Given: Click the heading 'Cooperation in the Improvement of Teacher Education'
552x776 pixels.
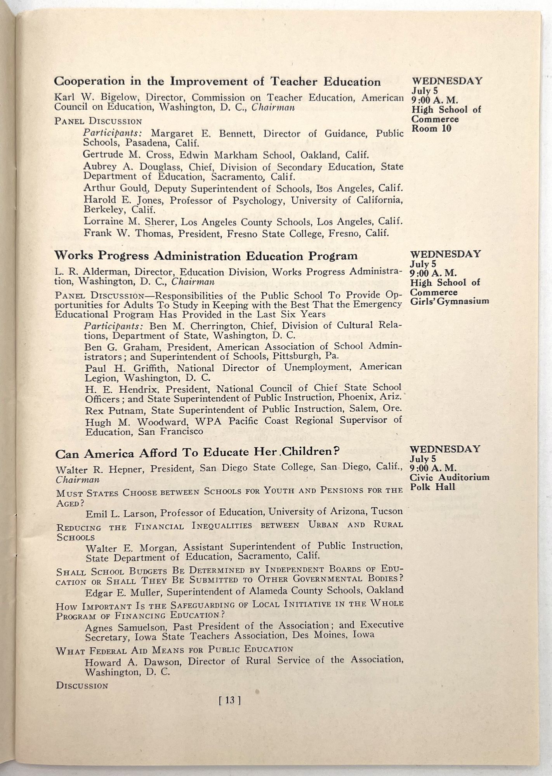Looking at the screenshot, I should [217, 81].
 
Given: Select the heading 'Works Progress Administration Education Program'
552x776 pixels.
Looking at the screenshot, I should [206, 256].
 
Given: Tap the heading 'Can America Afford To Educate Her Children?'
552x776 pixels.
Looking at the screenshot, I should [198, 453].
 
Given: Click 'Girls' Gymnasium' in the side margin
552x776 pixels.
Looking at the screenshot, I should [449, 301].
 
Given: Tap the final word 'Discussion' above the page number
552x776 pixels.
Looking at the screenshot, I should [82, 685].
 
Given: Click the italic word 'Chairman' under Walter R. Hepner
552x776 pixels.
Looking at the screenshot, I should [78, 480].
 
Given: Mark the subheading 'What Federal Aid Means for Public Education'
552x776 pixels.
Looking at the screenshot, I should [174, 650].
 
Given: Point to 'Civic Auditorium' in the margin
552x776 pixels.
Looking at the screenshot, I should [449, 477].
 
